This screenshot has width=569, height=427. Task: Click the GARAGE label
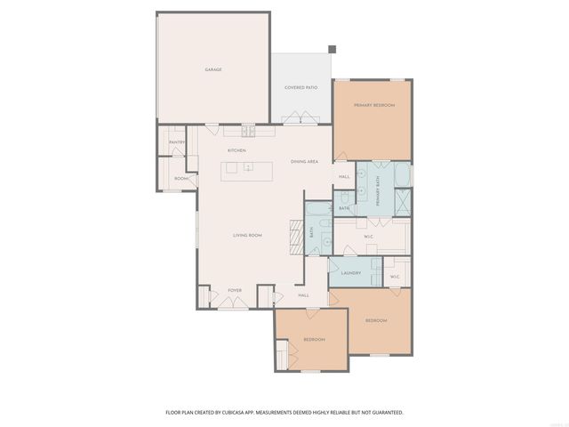click(213, 68)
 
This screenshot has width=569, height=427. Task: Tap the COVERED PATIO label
click(301, 87)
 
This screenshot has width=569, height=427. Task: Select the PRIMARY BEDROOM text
click(373, 105)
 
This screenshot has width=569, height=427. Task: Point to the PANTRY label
click(177, 142)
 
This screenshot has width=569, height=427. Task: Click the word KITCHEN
click(236, 150)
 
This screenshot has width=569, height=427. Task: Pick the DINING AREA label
click(304, 161)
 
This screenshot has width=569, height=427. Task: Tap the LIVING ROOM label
click(247, 235)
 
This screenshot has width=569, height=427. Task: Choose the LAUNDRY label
click(350, 272)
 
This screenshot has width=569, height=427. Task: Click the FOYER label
click(235, 290)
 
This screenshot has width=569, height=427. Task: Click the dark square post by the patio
click(332, 50)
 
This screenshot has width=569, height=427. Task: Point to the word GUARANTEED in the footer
click(387, 412)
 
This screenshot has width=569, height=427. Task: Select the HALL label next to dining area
click(344, 177)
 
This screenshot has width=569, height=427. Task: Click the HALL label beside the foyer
click(303, 294)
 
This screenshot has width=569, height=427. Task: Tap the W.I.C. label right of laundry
click(396, 277)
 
